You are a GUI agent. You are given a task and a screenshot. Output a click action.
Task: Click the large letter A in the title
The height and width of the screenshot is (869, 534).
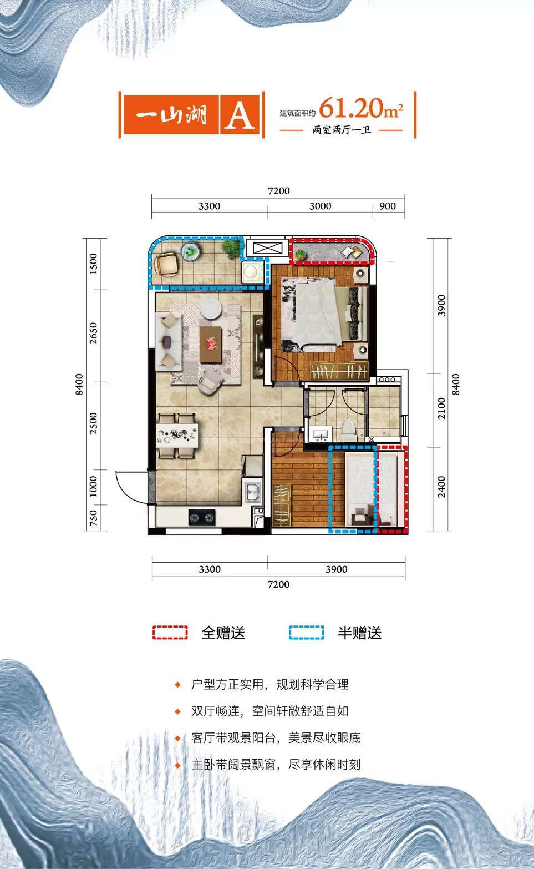point(240,115)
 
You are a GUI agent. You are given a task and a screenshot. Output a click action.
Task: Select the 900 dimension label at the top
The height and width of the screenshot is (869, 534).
point(388,206)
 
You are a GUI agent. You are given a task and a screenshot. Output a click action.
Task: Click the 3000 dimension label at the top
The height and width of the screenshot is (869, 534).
point(321,206)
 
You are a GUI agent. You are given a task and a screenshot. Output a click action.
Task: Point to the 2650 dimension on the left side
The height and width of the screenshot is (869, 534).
point(94,333)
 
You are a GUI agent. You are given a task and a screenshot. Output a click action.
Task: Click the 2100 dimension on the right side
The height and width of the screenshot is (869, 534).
point(441,408)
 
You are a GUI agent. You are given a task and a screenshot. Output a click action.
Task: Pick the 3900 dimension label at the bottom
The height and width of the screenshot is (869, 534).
point(336,569)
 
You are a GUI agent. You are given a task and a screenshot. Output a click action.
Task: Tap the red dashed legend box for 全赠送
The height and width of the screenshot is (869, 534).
point(170,633)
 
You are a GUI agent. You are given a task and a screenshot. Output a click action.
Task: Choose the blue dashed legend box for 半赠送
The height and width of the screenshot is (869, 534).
point(306,633)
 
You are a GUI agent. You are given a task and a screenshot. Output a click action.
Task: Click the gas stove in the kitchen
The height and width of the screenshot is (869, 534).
point(202,517)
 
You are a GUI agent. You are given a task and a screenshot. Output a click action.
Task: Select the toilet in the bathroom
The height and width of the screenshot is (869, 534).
point(348,430)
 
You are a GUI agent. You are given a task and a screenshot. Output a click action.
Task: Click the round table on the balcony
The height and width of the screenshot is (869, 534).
point(191,252)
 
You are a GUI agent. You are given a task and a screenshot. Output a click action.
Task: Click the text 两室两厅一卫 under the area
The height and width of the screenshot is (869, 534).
point(342,130)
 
